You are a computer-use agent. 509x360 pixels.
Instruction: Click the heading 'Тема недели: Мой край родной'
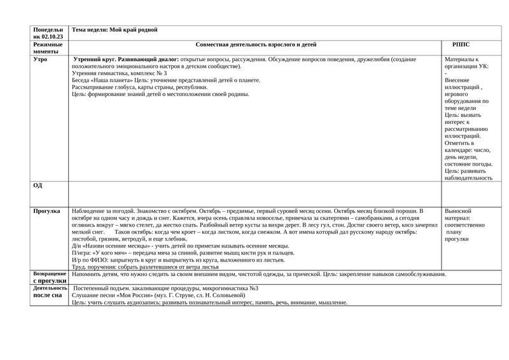115,30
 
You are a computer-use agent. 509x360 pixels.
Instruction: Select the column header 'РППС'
461,45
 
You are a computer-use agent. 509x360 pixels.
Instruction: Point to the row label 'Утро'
40,60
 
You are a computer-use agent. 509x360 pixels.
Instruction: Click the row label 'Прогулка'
46,211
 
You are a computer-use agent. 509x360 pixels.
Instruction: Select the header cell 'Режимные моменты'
48,48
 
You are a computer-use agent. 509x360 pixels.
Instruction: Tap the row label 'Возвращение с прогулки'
50,277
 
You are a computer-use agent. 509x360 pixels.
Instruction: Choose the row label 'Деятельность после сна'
50,291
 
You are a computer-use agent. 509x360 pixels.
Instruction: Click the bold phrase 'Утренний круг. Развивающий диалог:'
127,59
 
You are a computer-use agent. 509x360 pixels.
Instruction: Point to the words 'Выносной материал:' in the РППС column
459,214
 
